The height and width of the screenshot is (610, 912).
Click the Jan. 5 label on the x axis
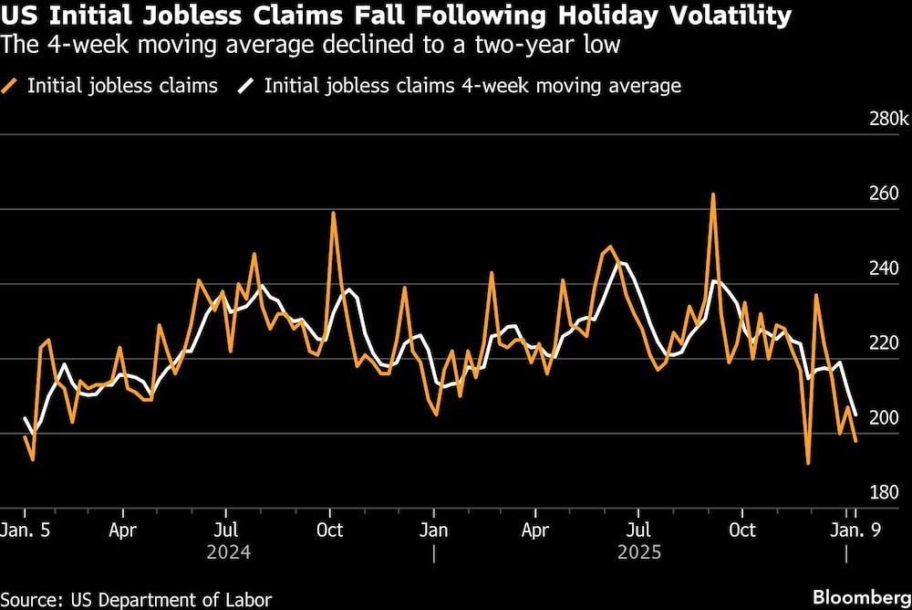(24, 530)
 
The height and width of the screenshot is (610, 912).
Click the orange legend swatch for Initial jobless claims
(12, 87)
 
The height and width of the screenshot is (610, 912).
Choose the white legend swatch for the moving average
(247, 87)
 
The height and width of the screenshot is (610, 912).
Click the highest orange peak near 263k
(713, 195)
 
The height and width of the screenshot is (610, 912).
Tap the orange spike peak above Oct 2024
(333, 213)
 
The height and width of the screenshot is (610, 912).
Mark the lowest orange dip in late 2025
(808, 463)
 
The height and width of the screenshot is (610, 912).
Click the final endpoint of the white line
(855, 415)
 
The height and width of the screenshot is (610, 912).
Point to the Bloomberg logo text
(858, 598)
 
